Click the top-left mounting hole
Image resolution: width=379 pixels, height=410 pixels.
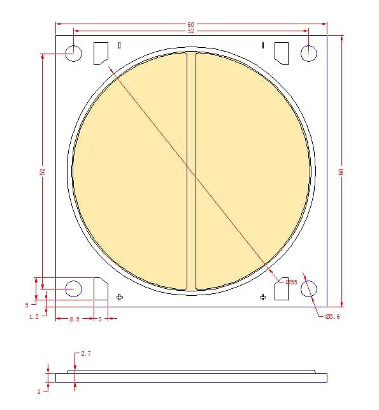pyautogui.click(x=74, y=54)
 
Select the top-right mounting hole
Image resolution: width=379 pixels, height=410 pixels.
pyautogui.click(x=309, y=54)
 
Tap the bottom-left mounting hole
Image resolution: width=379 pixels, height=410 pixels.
pyautogui.click(x=74, y=288)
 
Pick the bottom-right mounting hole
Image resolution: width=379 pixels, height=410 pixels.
pyautogui.click(x=309, y=288)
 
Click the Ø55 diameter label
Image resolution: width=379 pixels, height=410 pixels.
pyautogui.click(x=290, y=282)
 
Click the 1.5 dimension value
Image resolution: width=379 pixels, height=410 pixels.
pyautogui.click(x=34, y=316)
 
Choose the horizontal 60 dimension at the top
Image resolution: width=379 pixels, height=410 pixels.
pyautogui.click(x=191, y=24)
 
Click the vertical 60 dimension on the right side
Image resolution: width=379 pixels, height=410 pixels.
pyautogui.click(x=341, y=171)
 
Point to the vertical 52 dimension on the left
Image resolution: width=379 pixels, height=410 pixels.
pyautogui.click(x=42, y=171)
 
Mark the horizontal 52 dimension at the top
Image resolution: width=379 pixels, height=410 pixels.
pyautogui.click(x=191, y=31)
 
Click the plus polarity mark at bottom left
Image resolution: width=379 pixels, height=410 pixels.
pyautogui.click(x=119, y=297)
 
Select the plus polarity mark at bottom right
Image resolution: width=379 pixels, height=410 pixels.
pyautogui.click(x=263, y=297)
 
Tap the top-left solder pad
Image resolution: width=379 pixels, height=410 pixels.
pyautogui.click(x=101, y=53)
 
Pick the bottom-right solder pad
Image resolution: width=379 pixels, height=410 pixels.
pyautogui.click(x=281, y=289)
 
